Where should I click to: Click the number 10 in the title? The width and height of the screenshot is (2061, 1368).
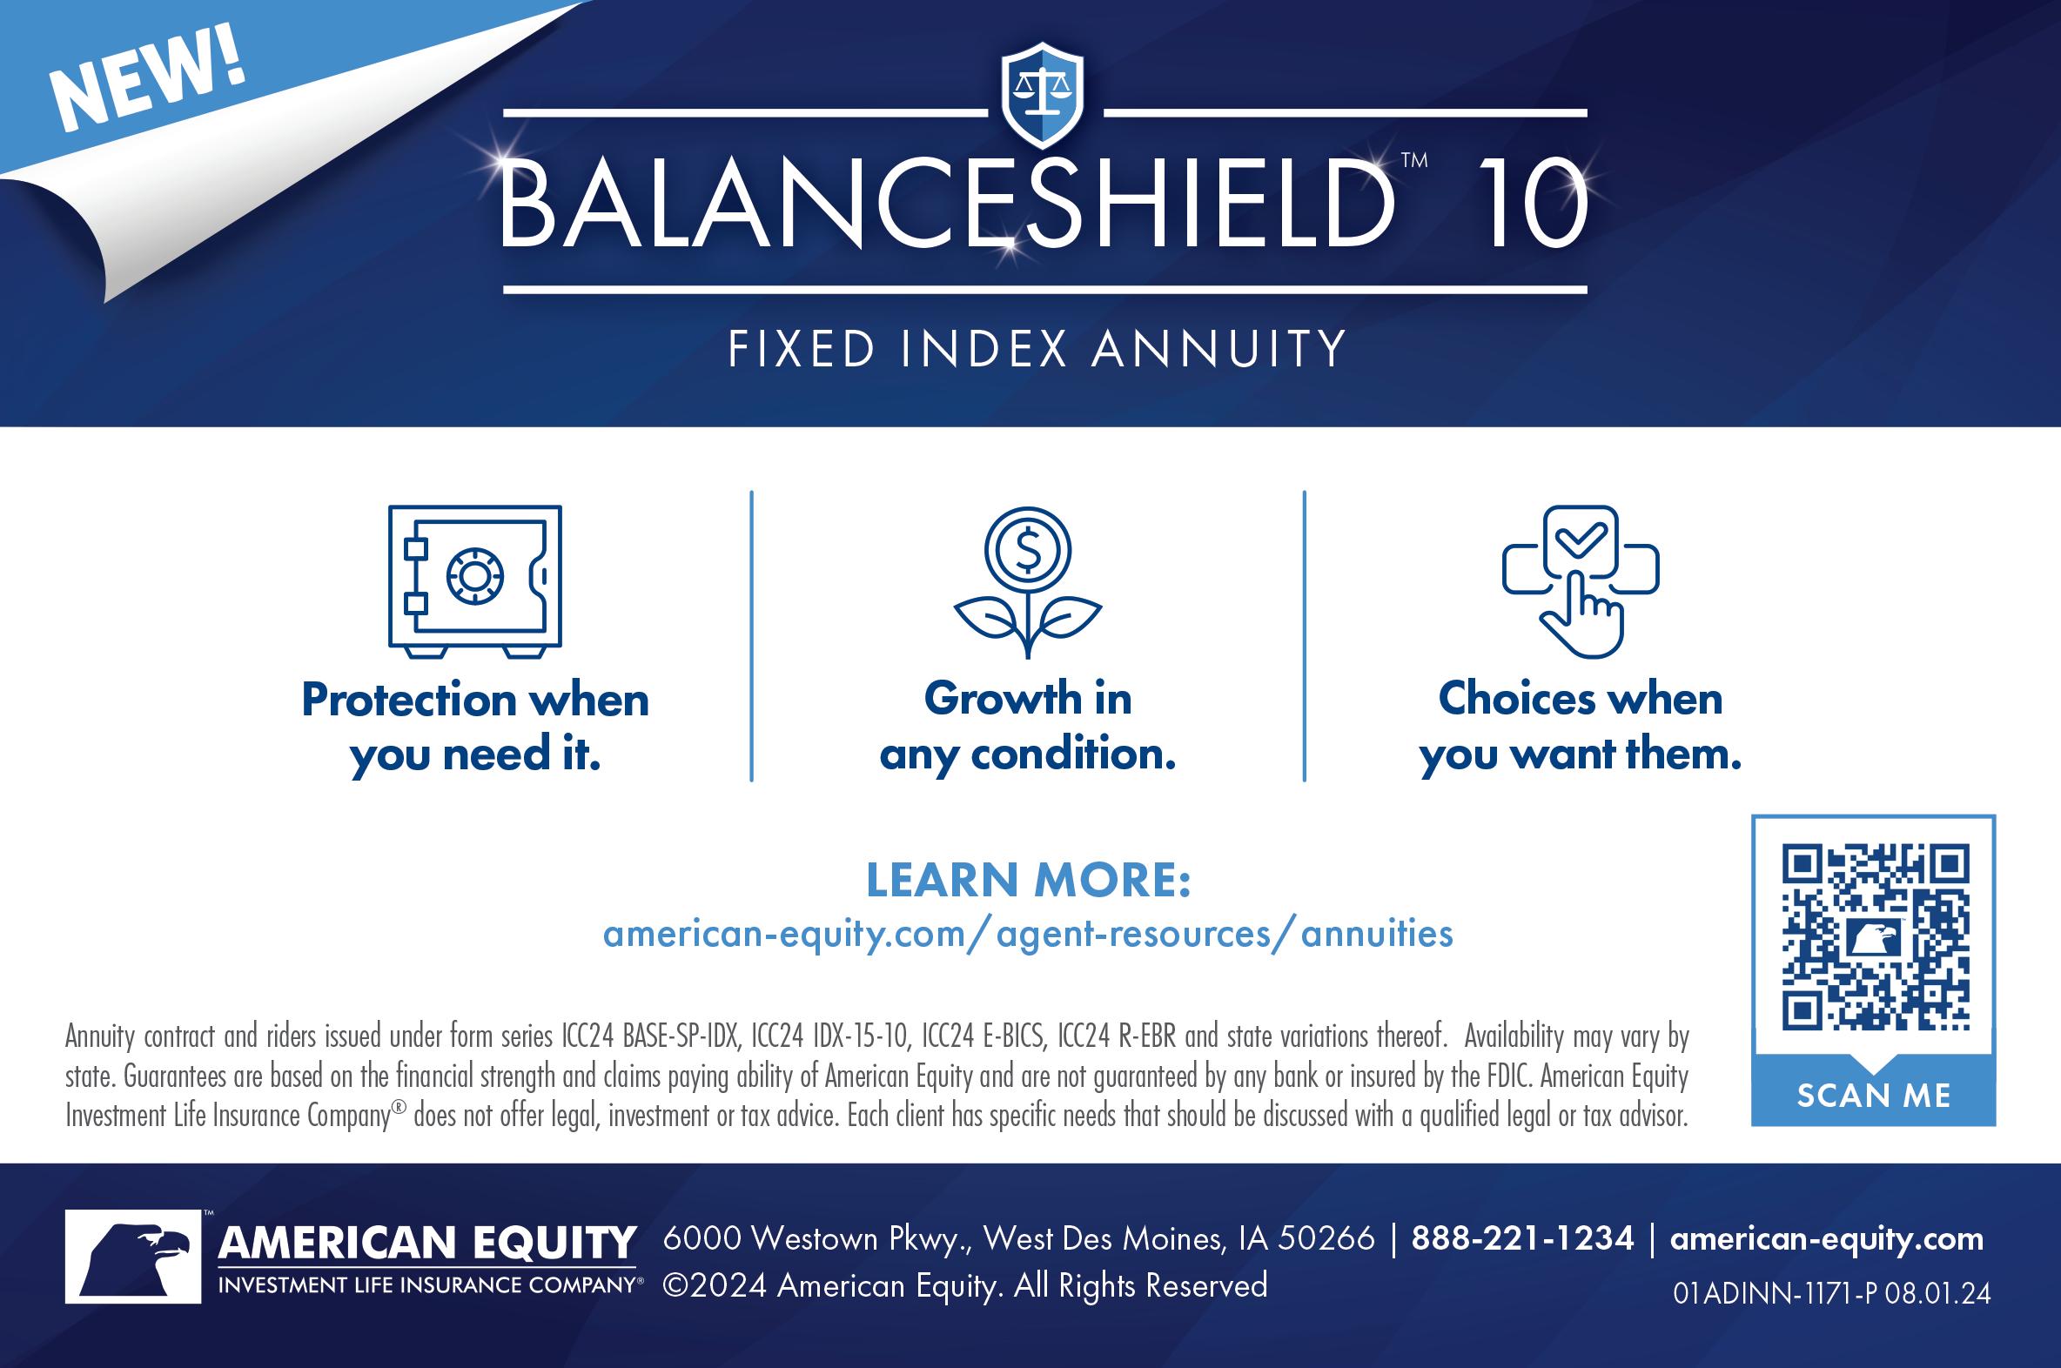[1532, 205]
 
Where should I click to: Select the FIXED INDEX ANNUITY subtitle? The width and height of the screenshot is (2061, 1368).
[1037, 349]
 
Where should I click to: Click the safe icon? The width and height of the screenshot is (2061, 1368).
[474, 582]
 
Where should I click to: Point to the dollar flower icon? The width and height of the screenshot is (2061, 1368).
[1028, 583]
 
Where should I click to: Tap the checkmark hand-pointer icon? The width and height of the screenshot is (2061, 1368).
[1581, 582]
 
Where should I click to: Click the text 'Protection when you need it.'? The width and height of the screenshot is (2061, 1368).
[475, 728]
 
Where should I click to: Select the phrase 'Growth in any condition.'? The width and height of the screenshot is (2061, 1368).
[1028, 727]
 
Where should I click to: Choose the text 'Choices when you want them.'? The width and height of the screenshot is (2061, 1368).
[1581, 727]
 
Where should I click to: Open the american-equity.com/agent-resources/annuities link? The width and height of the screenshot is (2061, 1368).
[1028, 935]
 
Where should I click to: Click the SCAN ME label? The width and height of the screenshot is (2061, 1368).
[1874, 1096]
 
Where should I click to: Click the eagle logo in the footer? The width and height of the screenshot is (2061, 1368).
[133, 1257]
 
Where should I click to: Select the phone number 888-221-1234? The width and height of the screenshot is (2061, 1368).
[1522, 1239]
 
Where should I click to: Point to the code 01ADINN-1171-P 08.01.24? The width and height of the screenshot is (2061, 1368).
[1832, 1293]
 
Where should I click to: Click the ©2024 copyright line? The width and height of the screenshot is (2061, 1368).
[965, 1286]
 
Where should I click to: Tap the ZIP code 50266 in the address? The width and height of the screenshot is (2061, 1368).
[1326, 1239]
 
